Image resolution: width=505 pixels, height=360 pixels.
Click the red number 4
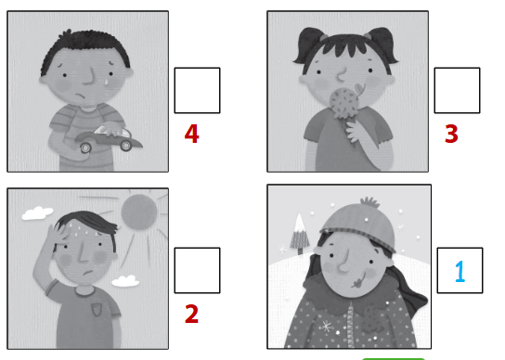[191, 135]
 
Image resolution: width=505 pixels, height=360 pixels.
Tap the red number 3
[451, 135]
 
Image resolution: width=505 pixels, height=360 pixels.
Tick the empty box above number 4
[197, 90]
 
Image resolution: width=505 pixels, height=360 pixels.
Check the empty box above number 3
[457, 90]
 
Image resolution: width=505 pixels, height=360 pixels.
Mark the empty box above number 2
[197, 270]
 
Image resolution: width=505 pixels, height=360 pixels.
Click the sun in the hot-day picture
[140, 212]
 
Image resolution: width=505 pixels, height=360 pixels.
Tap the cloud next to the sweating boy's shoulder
[124, 279]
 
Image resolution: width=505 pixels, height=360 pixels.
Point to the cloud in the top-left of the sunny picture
[36, 213]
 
